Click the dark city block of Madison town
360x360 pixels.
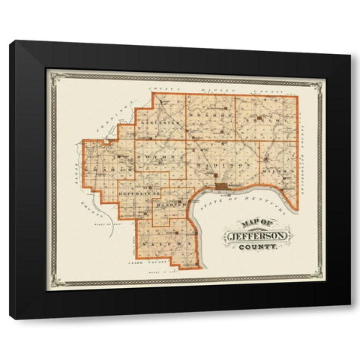(222, 184)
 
